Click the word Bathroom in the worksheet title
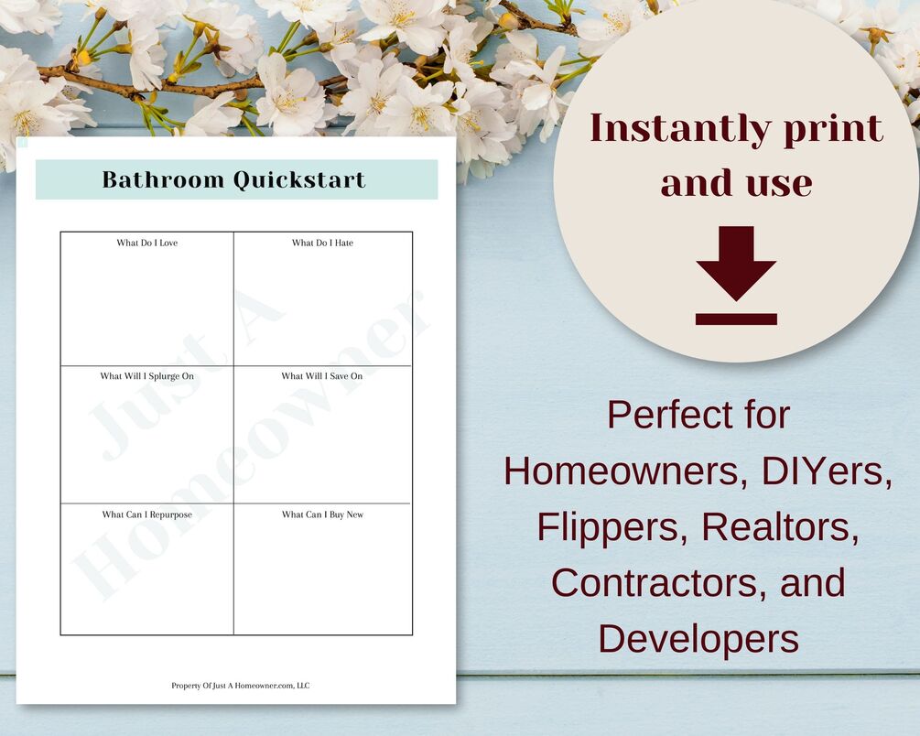[163, 179]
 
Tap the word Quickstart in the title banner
[299, 180]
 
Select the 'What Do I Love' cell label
[146, 243]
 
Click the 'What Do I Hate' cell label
[323, 243]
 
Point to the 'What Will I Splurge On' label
[146, 376]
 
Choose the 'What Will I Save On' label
[322, 375]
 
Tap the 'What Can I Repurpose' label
[147, 514]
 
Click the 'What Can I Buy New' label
[323, 514]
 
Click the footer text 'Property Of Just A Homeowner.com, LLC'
[241, 686]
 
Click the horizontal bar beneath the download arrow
[736, 319]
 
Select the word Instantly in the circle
[680, 129]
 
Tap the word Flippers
[612, 527]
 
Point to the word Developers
[698, 639]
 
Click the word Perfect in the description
[664, 415]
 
